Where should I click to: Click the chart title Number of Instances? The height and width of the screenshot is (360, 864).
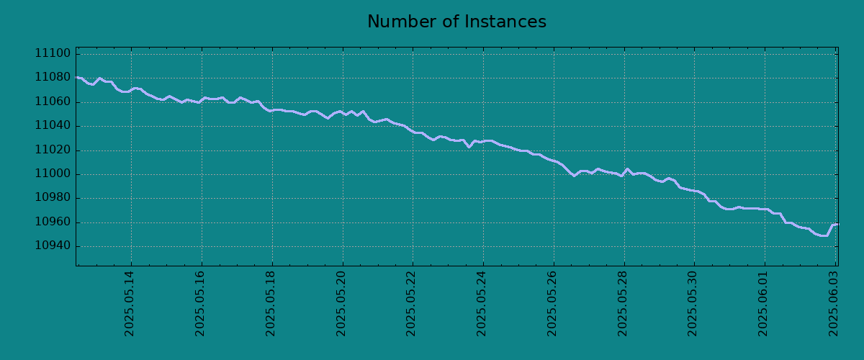(x=456, y=22)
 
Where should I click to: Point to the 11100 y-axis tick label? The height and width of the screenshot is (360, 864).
(x=53, y=53)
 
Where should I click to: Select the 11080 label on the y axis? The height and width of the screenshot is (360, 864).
(x=53, y=77)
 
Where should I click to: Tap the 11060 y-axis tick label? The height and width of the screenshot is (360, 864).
(x=53, y=102)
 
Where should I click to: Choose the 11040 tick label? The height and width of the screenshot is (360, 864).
(x=53, y=125)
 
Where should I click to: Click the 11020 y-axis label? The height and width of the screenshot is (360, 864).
(x=53, y=150)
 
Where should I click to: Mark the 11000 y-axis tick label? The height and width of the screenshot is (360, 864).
(x=53, y=174)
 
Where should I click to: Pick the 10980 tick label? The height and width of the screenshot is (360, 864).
(x=53, y=197)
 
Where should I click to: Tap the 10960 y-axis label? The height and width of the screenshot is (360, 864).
(x=53, y=222)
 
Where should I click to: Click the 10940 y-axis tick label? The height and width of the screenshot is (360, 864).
(x=53, y=246)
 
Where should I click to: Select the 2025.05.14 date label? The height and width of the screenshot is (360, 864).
(x=129, y=304)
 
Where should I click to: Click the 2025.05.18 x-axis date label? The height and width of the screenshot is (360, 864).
(x=271, y=304)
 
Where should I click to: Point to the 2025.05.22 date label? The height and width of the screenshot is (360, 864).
(x=411, y=304)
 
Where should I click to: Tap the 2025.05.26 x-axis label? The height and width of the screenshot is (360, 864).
(x=552, y=304)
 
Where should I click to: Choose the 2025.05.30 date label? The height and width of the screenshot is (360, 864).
(x=693, y=304)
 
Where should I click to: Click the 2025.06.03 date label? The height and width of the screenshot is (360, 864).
(x=834, y=304)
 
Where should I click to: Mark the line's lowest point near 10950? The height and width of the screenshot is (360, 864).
(x=824, y=235)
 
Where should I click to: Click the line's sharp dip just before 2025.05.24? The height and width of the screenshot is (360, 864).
(x=469, y=147)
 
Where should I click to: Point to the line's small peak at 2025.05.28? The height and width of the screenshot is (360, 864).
(x=627, y=168)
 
